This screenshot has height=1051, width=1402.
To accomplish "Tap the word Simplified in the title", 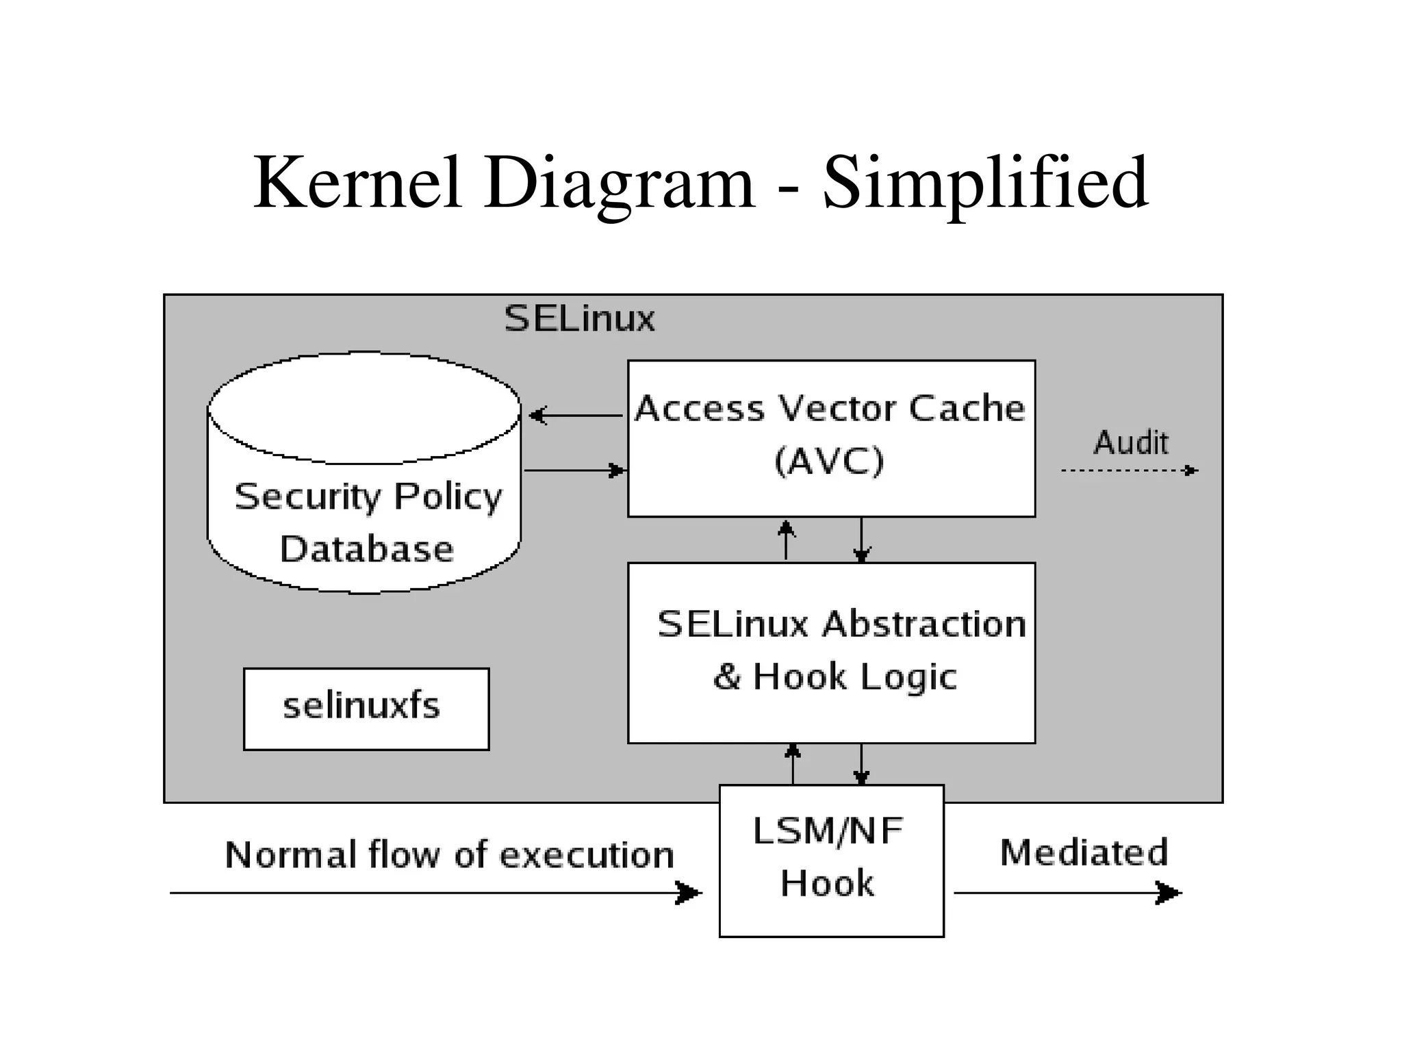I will coord(985,183).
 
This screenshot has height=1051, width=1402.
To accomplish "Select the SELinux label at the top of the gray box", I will coord(579,319).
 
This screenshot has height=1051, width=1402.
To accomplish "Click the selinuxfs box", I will coord(366,709).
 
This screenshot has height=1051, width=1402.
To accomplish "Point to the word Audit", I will coord(1130,442).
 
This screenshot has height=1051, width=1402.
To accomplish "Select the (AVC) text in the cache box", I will coord(829,461).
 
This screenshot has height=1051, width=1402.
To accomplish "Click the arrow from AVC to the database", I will coord(575,415).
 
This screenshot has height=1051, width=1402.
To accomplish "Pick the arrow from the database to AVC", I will coord(575,470).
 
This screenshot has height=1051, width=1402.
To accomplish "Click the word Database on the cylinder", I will coord(366,549).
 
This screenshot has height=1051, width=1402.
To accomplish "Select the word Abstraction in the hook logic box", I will coord(924,624).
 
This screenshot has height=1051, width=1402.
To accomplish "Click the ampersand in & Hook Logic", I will coord(727,676).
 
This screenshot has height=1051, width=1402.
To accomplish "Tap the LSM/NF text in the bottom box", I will coord(828,831).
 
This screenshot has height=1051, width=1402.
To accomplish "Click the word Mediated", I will coord(1084,853).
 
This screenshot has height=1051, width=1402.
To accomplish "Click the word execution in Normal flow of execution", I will coord(587,855).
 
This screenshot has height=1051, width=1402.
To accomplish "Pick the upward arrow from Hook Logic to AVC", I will coord(787,540).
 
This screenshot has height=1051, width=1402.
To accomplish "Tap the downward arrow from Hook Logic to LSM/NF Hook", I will coord(861,764).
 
